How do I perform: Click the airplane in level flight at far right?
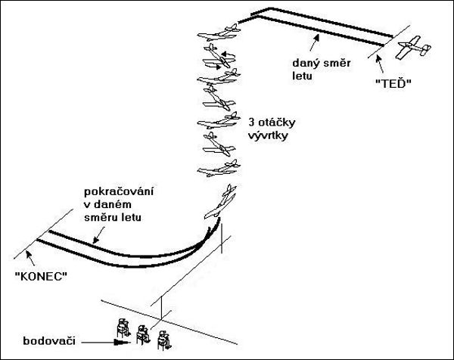coord(412,51)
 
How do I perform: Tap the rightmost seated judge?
coord(162,339)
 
